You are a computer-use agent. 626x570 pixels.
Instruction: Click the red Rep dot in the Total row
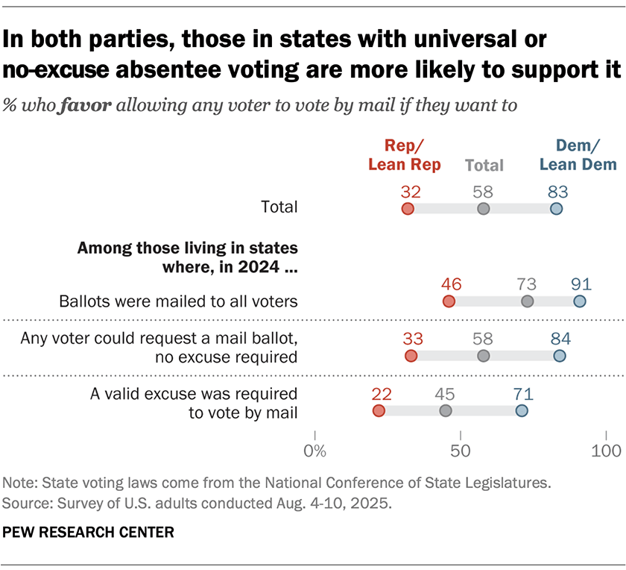tap(407, 209)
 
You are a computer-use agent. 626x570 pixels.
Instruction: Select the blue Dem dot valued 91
tap(580, 301)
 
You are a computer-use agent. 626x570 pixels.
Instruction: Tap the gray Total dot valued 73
tap(528, 301)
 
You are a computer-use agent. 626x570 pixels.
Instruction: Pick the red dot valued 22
tap(379, 411)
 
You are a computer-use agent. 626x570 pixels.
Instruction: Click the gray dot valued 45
tap(445, 411)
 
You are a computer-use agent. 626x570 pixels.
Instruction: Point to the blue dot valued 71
tap(521, 411)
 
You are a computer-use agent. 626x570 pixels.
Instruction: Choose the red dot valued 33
tap(411, 356)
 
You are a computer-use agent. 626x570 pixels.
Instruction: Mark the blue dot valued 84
tap(559, 356)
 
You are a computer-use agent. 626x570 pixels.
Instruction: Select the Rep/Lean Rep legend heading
tap(405, 155)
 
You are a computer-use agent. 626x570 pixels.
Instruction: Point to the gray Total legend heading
tap(484, 165)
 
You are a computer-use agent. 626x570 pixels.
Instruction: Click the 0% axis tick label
tap(315, 451)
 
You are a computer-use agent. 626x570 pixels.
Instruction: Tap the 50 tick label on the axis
tap(461, 451)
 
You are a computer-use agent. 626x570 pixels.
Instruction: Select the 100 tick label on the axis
tap(607, 451)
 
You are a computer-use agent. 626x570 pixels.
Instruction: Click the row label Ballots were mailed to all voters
tap(179, 301)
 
